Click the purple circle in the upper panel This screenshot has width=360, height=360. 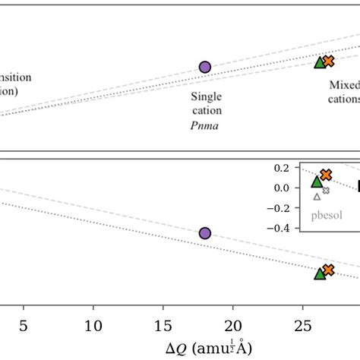pos(204,67)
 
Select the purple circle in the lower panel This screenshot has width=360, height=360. pos(204,233)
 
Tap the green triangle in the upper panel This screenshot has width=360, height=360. pos(320,62)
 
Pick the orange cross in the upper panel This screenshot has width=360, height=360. pos(328,61)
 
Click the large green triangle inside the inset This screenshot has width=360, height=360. pos(317,182)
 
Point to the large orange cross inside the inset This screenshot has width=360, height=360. pos(326,175)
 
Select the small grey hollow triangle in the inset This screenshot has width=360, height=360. pos(317,197)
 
